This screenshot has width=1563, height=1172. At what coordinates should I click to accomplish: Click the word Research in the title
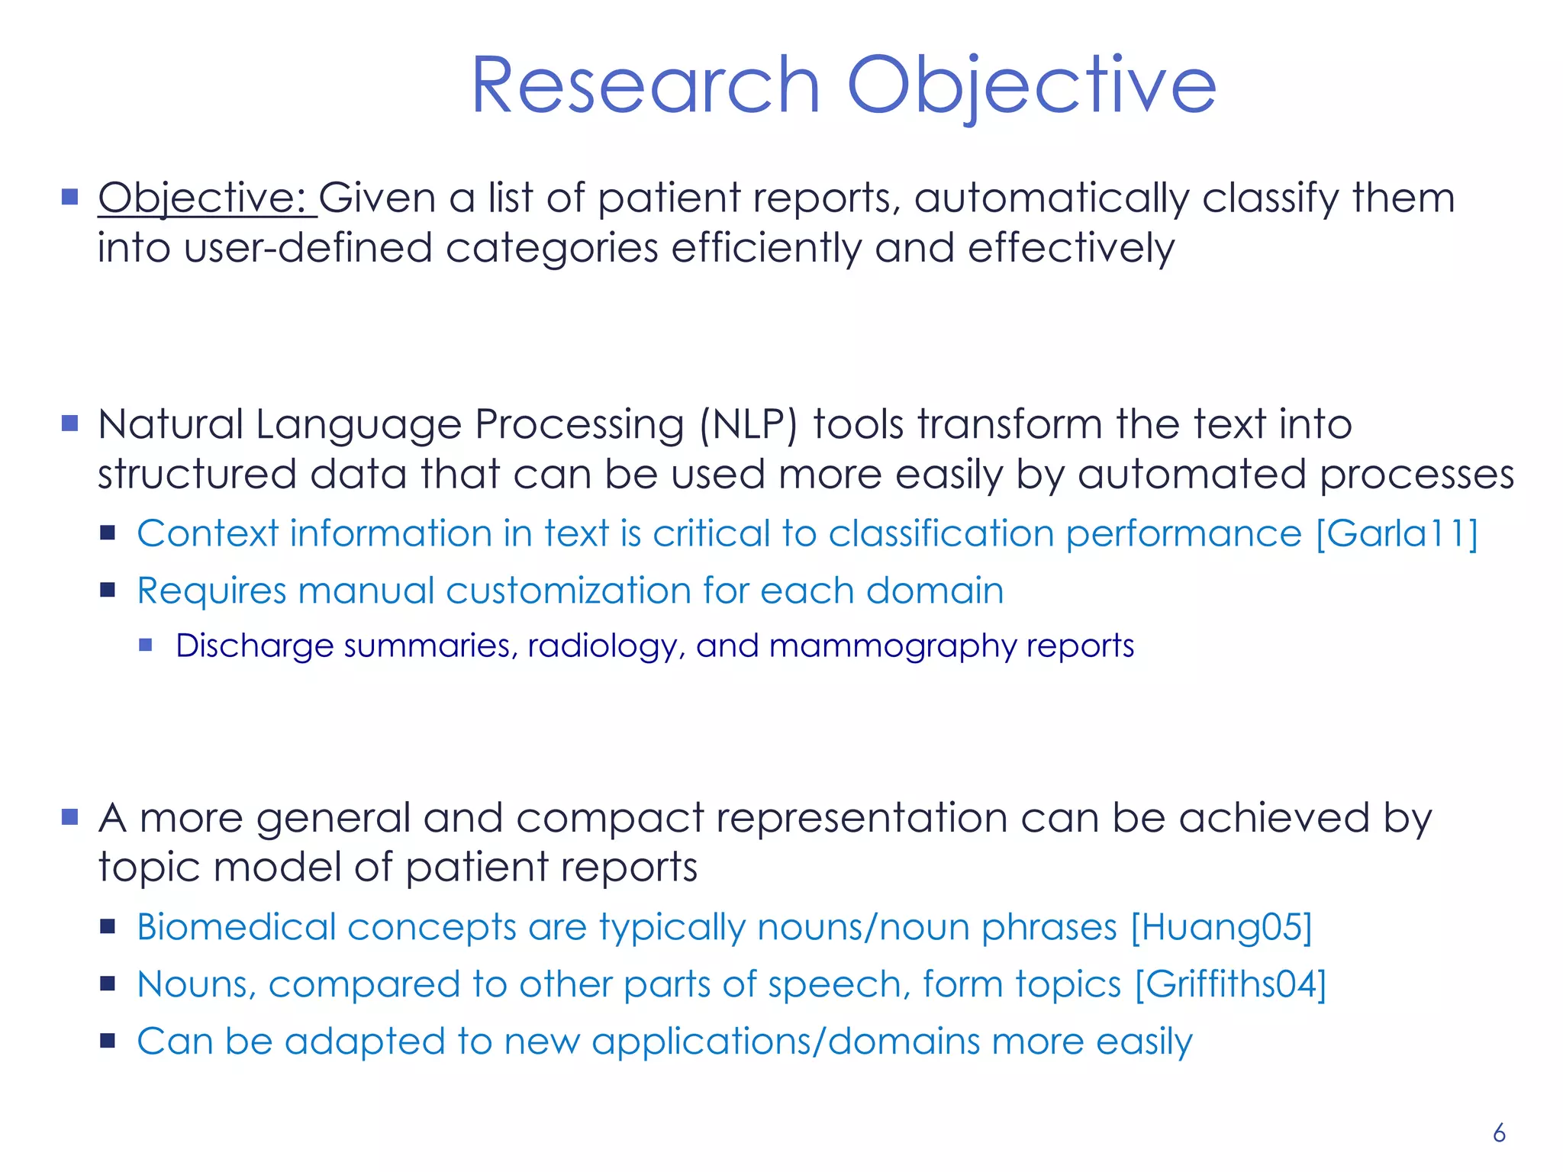(x=646, y=85)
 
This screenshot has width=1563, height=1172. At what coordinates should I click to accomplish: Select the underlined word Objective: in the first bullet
(x=203, y=198)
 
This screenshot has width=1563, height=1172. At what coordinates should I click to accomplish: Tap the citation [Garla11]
(x=1397, y=533)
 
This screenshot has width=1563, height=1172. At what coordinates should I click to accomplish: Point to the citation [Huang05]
(x=1221, y=928)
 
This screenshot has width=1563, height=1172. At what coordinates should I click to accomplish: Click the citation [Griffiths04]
(x=1230, y=984)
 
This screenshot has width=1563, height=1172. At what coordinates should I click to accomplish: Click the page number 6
(x=1499, y=1133)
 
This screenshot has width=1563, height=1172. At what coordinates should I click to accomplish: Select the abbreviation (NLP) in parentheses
(x=749, y=425)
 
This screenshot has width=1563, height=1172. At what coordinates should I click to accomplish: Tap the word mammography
(x=892, y=646)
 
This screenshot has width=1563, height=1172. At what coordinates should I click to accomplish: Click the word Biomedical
(x=237, y=928)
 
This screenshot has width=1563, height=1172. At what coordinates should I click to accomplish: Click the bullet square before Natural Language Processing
(x=70, y=423)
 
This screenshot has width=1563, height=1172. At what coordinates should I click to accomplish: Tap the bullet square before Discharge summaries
(x=146, y=646)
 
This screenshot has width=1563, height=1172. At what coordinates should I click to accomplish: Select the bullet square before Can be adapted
(x=108, y=1041)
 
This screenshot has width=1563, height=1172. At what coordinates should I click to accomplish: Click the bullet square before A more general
(x=70, y=817)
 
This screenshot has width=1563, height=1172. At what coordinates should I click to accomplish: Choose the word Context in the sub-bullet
(x=208, y=533)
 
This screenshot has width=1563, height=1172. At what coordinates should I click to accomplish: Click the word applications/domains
(x=785, y=1042)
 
